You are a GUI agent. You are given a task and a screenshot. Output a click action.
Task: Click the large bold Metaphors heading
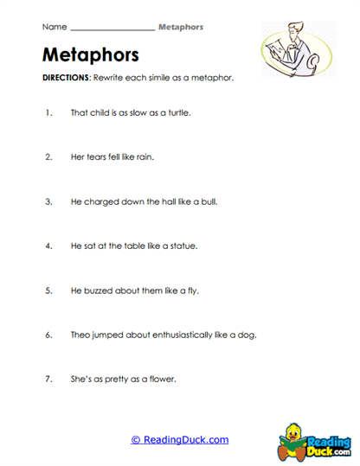[90, 56]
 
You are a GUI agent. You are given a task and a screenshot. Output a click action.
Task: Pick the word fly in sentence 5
[193, 290]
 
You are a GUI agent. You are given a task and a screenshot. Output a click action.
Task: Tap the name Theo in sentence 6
[81, 335]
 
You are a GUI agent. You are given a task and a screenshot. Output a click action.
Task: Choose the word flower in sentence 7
[163, 380]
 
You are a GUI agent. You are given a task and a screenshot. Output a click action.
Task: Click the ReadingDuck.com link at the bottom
[180, 439]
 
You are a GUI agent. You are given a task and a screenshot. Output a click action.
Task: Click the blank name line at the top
[112, 28]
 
